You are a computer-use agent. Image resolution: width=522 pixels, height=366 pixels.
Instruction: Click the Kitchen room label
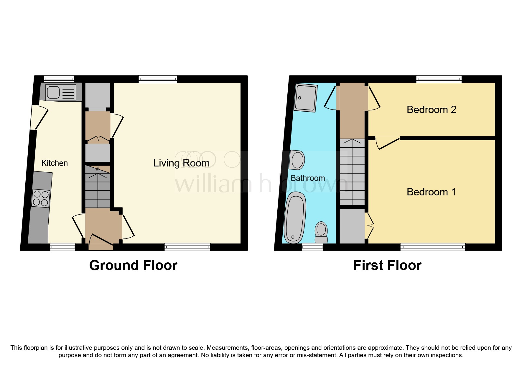(55, 163)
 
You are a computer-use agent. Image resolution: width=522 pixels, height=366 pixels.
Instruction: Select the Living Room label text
(181, 163)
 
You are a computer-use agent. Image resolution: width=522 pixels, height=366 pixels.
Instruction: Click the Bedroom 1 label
(431, 192)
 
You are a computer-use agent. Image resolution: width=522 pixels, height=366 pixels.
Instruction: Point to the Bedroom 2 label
(431, 110)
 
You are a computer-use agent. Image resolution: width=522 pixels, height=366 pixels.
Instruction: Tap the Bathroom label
(308, 178)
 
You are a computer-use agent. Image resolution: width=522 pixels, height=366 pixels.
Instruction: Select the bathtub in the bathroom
(294, 217)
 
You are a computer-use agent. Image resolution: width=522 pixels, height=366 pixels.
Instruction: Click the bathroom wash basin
(297, 160)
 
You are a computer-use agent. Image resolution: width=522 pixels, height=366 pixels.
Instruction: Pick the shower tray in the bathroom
(306, 98)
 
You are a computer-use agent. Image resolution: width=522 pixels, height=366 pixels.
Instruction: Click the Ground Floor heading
(133, 265)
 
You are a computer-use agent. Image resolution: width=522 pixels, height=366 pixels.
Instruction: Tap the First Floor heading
(387, 265)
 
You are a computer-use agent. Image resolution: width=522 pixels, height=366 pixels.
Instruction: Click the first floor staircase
(352, 172)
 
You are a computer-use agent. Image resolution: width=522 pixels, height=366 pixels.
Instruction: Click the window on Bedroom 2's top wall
(439, 79)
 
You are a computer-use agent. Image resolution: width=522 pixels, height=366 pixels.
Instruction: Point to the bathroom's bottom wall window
(312, 247)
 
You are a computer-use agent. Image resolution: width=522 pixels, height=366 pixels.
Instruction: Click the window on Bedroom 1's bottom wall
(432, 247)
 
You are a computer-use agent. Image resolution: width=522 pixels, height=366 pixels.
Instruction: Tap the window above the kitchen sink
(59, 79)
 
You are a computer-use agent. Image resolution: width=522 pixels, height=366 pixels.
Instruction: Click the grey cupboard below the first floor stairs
(352, 226)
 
